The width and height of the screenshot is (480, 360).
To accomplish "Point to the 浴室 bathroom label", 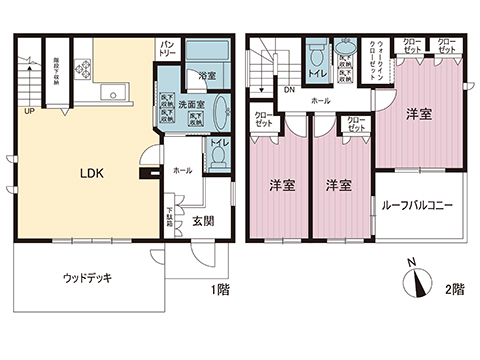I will coord(208,76).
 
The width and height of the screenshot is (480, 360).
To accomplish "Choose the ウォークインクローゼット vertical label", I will coord(377,59).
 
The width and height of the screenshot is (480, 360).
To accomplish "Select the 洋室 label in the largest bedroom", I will coord(419,115).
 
